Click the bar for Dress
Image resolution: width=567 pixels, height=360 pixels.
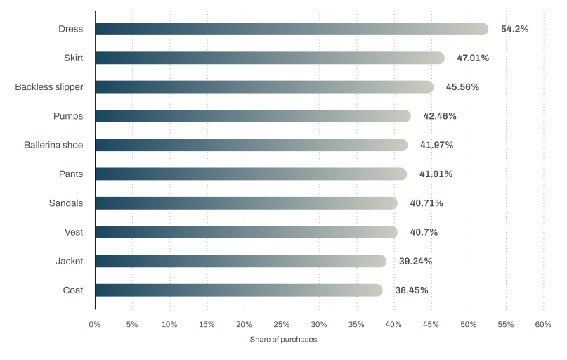pos(292,29)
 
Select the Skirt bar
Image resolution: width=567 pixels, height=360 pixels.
pos(270,58)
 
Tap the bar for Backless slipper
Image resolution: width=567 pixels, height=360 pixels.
pos(264,87)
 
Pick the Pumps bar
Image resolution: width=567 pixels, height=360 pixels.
pos(253,116)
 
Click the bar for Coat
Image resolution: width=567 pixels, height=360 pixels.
pos(239,290)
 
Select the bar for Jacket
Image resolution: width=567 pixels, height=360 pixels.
pos(241,262)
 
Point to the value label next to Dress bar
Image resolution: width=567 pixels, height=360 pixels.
pos(514,29)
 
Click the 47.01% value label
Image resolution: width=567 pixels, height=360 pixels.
pos(472,58)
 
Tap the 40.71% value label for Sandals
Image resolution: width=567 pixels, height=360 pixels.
pos(426,203)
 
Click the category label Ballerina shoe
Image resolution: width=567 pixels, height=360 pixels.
pos(54,145)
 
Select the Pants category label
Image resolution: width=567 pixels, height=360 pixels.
pos(71,174)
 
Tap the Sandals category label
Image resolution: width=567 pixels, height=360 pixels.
pos(66,203)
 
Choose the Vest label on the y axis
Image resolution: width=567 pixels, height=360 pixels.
pos(74,232)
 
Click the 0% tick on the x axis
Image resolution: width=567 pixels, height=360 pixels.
pos(95,325)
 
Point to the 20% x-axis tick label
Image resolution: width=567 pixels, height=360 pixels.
pos(244,325)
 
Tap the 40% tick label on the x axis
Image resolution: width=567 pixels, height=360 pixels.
pos(393,325)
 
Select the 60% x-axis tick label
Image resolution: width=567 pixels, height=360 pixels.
pos(542,325)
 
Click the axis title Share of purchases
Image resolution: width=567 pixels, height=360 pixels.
pos(283,340)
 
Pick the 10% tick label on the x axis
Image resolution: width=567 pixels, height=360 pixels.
pos(169,325)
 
